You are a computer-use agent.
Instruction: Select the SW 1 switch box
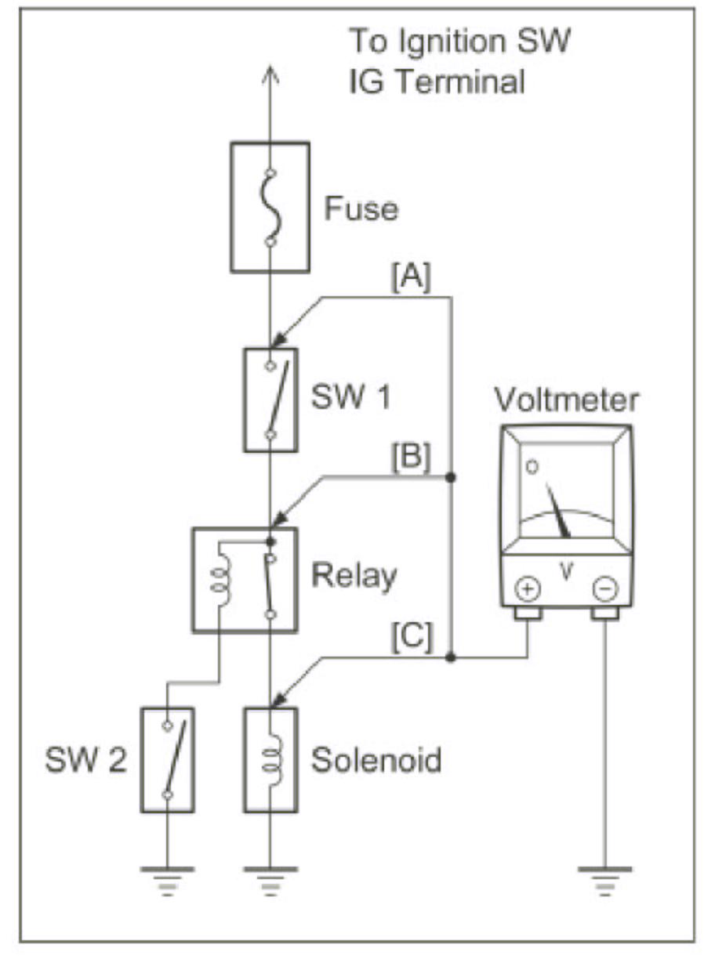coord(270,400)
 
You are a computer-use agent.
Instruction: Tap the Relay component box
coord(245,579)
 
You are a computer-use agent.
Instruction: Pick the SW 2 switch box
coord(167,760)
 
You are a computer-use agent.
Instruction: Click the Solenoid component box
coord(270,760)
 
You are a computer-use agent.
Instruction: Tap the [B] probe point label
coord(410,458)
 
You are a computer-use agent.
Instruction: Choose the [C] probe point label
coord(410,640)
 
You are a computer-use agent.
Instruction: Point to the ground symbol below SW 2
coord(167,876)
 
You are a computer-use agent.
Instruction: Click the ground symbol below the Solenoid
coord(270,876)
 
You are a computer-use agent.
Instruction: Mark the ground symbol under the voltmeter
coord(604,876)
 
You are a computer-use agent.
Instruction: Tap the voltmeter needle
coord(561,512)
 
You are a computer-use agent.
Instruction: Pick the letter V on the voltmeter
coord(567,572)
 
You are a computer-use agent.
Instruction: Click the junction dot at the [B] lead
coord(451,476)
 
